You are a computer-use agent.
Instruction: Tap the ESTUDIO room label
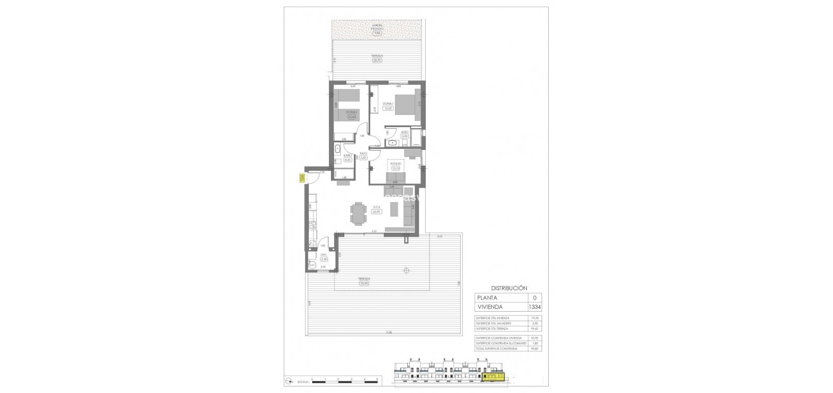pyautogui.click(x=396, y=164)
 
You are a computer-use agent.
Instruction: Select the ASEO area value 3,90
pyautogui.click(x=405, y=137)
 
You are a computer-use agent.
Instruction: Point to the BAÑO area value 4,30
pyautogui.click(x=348, y=159)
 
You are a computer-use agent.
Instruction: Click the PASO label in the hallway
pyautogui.click(x=363, y=153)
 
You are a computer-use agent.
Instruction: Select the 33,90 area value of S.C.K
pyautogui.click(x=377, y=212)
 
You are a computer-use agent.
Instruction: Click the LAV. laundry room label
pyautogui.click(x=323, y=255)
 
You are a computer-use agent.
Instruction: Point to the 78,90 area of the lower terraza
pyautogui.click(x=364, y=284)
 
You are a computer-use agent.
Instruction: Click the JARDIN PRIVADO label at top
pyautogui.click(x=376, y=26)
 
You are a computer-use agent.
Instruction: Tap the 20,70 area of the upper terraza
pyautogui.click(x=376, y=61)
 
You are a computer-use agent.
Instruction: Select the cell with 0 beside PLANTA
pyautogui.click(x=534, y=297)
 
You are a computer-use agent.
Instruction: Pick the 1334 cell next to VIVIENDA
pyautogui.click(x=534, y=307)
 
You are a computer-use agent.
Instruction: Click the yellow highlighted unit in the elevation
pyautogui.click(x=492, y=377)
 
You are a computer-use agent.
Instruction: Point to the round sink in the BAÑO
pyautogui.click(x=338, y=149)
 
